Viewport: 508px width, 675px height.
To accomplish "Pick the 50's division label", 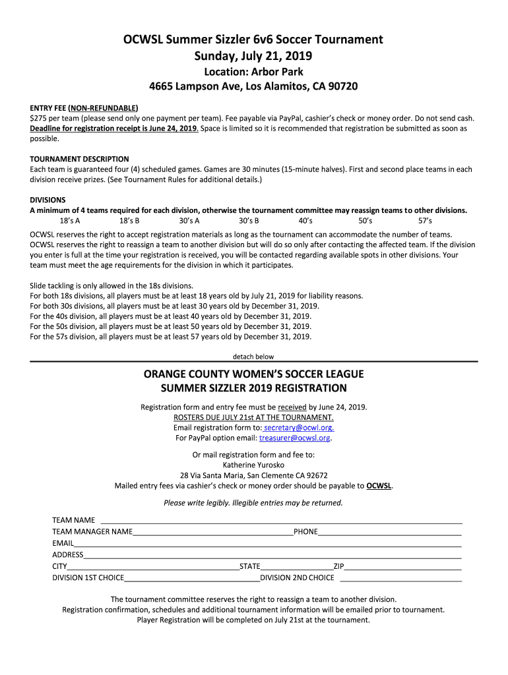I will click(365, 221).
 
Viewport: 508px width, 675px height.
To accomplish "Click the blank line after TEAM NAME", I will click(280, 521).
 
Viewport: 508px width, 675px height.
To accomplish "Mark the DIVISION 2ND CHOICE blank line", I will click(400, 579).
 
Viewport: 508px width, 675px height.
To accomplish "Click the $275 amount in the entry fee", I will click(40, 118).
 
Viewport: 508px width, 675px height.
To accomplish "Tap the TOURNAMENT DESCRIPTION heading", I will click(80, 159).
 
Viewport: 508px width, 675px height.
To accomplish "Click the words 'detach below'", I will click(253, 357).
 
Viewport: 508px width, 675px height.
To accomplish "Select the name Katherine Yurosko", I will click(253, 464).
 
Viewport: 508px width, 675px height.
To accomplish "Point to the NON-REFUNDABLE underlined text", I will click(104, 107).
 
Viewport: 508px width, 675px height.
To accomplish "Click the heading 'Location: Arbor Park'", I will click(253, 72).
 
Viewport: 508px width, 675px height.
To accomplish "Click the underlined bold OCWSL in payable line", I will click(379, 486).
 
